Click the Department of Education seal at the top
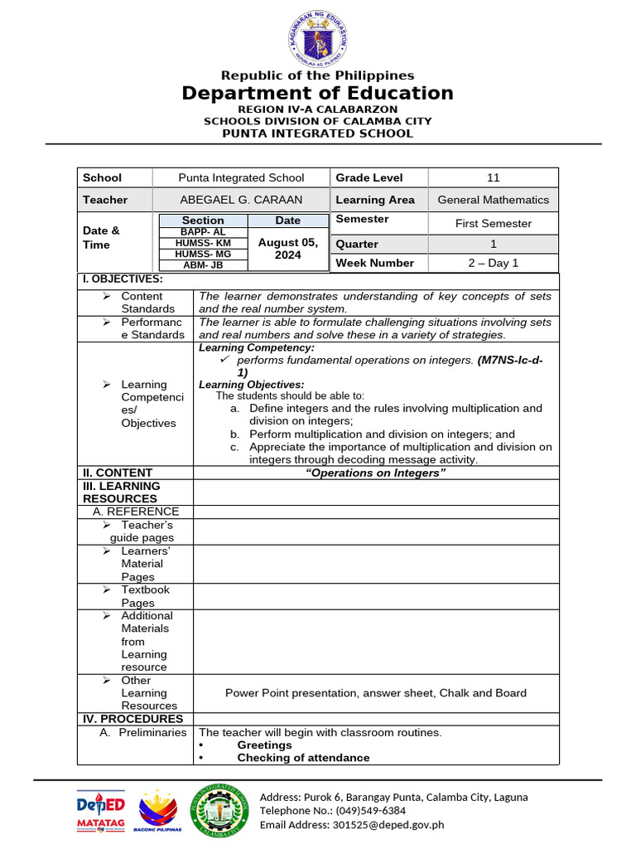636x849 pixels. tap(318, 38)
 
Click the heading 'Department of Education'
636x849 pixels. tap(318, 93)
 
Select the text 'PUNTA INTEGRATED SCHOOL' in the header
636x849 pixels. tap(318, 133)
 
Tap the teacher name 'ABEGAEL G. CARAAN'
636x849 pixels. tap(241, 200)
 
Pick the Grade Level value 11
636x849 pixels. tap(494, 177)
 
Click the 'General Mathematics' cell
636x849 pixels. tap(494, 200)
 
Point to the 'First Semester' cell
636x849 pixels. tap(494, 223)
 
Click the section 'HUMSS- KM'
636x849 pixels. tap(203, 243)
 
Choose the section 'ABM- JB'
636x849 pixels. tap(203, 265)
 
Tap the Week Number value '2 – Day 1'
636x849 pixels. tap(494, 263)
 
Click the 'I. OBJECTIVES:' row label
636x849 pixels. tap(123, 279)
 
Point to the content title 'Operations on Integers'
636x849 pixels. tap(376, 473)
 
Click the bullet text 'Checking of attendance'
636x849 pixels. tap(303, 757)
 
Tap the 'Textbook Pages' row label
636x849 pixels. tap(145, 596)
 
